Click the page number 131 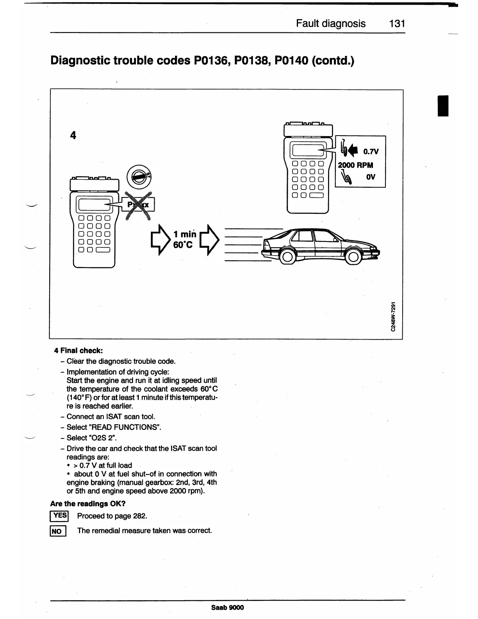(x=397, y=24)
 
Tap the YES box (x=59, y=516)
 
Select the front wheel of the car (x=353, y=257)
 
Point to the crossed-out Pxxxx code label (x=139, y=205)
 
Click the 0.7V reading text (x=371, y=152)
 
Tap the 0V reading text (x=371, y=177)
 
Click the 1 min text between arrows (x=185, y=234)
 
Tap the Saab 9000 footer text (x=227, y=607)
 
